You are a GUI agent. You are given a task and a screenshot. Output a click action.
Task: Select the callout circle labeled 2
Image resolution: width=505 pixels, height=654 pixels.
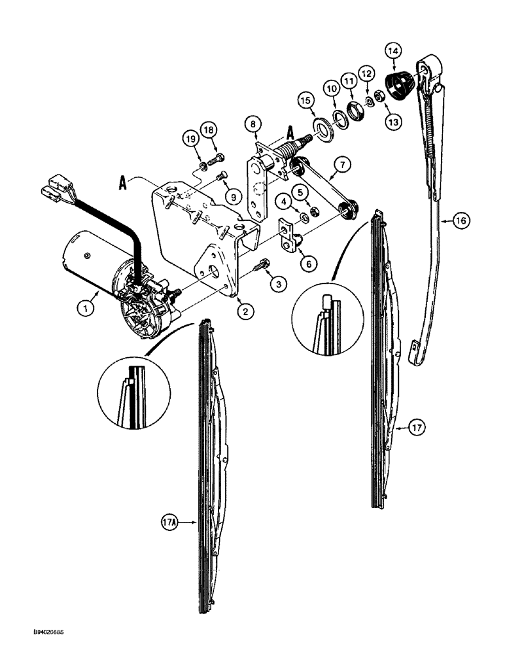tap(246, 311)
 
